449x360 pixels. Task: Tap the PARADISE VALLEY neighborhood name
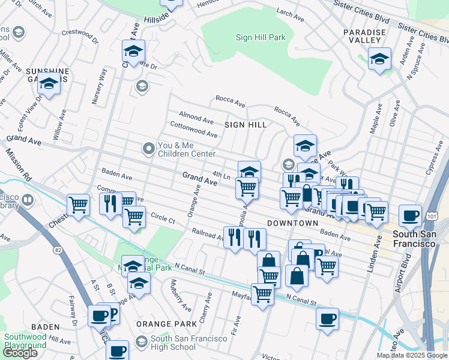[363, 36]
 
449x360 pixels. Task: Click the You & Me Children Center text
[186, 149]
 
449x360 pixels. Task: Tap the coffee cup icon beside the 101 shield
[410, 215]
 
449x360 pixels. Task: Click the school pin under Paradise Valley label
[379, 59]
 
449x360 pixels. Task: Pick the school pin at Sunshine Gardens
[49, 83]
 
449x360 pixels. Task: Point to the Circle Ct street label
[163, 219]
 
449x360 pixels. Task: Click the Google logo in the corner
[20, 353]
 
